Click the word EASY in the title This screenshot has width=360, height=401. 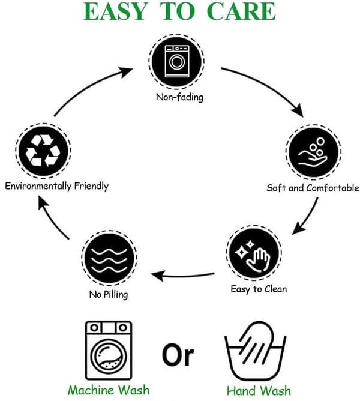tap(116, 11)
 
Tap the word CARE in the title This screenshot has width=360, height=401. tap(241, 11)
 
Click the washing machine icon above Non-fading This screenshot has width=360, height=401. tap(176, 61)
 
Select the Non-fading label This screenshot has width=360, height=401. tap(179, 97)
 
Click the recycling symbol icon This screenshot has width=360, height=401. tap(43, 151)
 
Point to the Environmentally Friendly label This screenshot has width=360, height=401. tap(57, 186)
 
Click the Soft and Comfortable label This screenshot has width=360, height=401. tap(313, 188)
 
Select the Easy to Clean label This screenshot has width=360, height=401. tap(259, 289)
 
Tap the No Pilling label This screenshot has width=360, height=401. tap(109, 294)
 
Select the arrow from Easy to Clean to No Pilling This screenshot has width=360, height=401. tap(183, 276)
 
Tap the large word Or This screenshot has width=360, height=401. tap(178, 354)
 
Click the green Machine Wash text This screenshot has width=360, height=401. tap(109, 390)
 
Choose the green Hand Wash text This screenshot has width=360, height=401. tap(259, 391)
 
